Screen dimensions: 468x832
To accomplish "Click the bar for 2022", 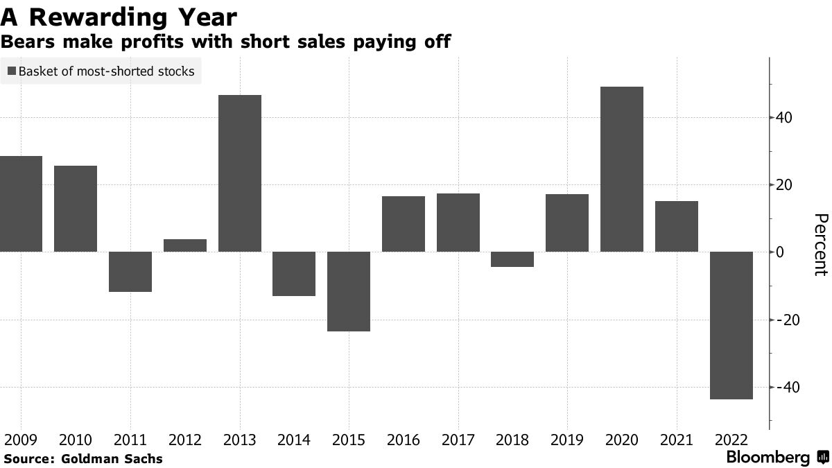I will click(731, 325).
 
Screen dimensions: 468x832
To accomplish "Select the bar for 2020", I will click(621, 169).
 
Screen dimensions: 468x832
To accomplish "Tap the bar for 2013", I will click(239, 173).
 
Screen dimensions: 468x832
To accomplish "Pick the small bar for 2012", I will click(185, 245).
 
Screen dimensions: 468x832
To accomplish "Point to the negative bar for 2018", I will click(512, 259).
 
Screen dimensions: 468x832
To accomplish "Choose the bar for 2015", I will click(349, 291).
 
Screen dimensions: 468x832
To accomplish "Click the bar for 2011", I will click(130, 272).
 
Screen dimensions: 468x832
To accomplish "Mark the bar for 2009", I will click(21, 204).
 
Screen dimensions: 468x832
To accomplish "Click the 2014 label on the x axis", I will click(294, 440).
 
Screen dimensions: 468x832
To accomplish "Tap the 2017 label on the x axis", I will click(458, 440).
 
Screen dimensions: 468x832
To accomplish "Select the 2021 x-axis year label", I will click(676, 440).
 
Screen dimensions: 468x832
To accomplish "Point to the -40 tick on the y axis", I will click(788, 387).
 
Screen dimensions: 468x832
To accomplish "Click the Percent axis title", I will click(820, 245).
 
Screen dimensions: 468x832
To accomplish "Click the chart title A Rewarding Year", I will click(119, 17).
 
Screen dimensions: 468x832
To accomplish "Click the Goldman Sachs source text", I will click(112, 458).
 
